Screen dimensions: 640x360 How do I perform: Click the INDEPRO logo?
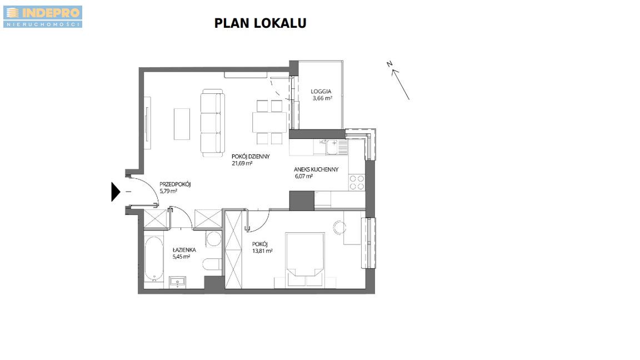[43, 17]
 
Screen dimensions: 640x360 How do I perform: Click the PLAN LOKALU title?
[261, 23]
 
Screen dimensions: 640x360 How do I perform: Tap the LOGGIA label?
[321, 92]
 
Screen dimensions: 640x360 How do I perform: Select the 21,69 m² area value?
[242, 163]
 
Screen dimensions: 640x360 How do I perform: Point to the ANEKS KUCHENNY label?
[316, 169]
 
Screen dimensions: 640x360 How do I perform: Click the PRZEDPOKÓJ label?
[175, 184]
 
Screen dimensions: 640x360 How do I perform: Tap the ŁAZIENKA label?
[184, 250]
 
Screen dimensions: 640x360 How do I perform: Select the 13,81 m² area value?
[262, 251]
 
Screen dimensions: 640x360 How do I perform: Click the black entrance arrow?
[116, 192]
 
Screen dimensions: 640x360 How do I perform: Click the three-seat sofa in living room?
[213, 123]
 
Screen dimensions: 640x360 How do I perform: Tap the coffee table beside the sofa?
[182, 124]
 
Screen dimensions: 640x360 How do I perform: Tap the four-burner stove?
[357, 182]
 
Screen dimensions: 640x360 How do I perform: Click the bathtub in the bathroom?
[154, 259]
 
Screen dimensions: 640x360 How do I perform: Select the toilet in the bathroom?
[212, 264]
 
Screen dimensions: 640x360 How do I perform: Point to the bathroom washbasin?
[178, 282]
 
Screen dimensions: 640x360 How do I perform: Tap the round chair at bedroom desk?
[339, 227]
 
